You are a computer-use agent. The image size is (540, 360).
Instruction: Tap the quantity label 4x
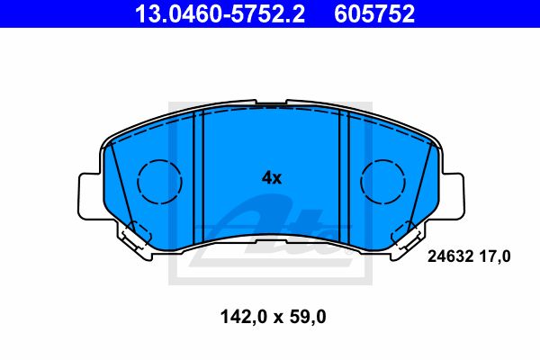click(271, 178)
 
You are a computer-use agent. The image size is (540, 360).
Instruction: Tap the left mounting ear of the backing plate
click(90, 193)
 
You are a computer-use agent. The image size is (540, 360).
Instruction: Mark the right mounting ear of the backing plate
click(454, 193)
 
